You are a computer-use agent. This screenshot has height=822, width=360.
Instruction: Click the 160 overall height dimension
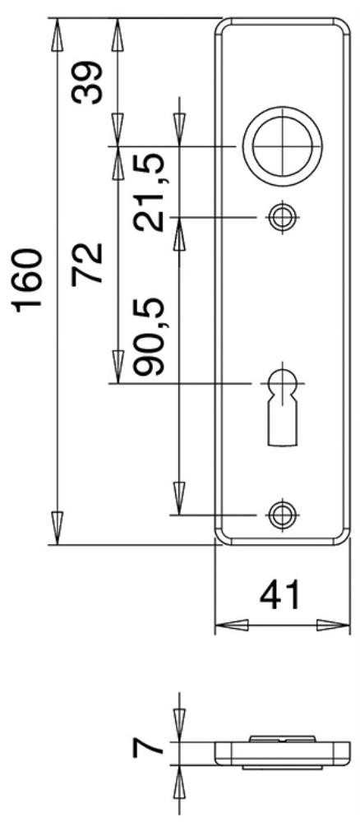point(28,280)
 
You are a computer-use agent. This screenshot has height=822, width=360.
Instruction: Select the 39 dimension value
point(86,83)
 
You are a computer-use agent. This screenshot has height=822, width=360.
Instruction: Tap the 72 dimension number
point(86,264)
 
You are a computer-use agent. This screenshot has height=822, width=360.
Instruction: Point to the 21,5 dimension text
point(150,192)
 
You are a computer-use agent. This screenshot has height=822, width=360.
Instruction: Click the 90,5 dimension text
point(150,337)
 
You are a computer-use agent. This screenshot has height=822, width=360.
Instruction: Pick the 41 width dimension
point(279,594)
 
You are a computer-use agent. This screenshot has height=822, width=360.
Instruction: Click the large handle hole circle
point(282,146)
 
